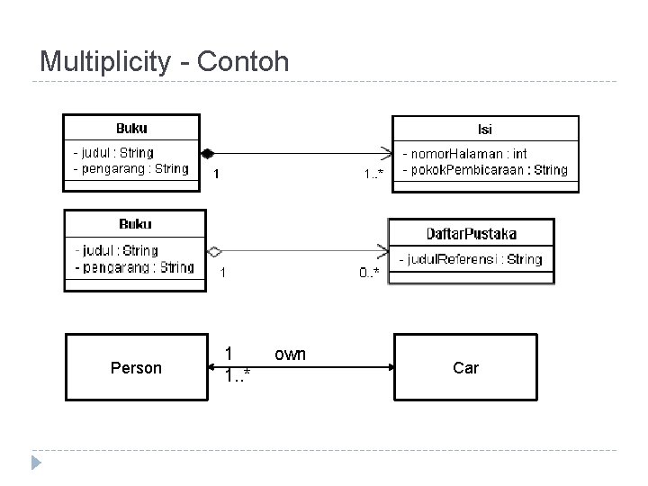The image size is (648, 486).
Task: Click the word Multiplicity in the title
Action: (x=104, y=62)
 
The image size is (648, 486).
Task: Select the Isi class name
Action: (x=484, y=129)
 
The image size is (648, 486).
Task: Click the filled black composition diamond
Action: (x=206, y=152)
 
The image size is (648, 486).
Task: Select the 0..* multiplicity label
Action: (x=369, y=271)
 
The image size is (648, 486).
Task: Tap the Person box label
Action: (x=136, y=368)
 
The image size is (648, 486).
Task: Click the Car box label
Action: (x=466, y=368)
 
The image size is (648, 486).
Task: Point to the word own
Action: (x=290, y=354)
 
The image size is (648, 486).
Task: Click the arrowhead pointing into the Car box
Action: (x=390, y=367)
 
